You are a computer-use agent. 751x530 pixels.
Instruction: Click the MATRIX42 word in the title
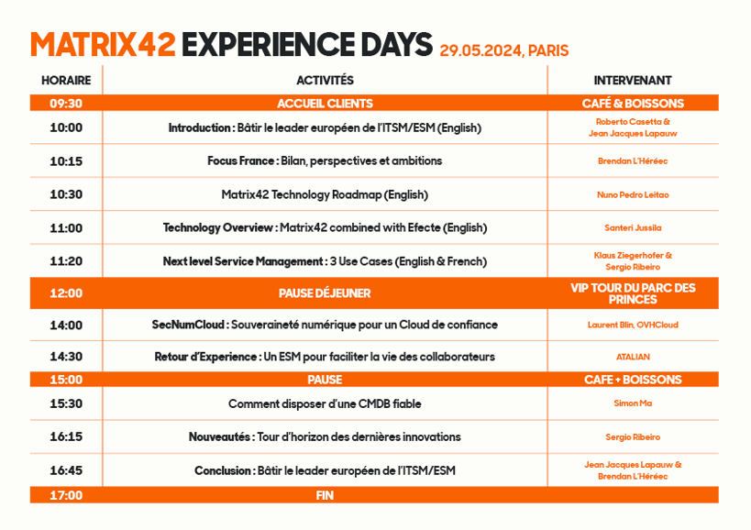click(103, 45)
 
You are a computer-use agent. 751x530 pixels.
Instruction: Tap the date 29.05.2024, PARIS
click(504, 50)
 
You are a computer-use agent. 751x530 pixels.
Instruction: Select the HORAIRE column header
click(66, 81)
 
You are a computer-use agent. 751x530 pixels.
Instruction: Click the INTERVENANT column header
click(633, 81)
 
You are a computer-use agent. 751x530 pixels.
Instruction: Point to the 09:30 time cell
click(66, 104)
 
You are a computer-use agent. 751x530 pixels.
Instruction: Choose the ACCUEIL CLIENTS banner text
click(325, 104)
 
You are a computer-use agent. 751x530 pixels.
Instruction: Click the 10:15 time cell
click(66, 160)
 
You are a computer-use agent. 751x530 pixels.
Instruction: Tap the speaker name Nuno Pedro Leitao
click(633, 194)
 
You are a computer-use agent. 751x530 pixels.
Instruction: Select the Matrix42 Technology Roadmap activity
click(325, 195)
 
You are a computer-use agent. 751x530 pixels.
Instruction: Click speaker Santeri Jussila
click(633, 228)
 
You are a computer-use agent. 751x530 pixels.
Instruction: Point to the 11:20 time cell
click(66, 261)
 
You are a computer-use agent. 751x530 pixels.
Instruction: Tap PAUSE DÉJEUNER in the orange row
click(325, 293)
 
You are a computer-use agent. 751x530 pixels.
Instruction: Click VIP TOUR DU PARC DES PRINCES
click(633, 293)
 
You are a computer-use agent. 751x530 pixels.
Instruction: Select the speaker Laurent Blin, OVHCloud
click(633, 325)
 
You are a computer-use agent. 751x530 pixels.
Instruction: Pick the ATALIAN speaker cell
click(633, 357)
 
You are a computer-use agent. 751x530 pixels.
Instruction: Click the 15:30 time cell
click(66, 403)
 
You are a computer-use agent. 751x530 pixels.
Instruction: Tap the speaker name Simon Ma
click(633, 403)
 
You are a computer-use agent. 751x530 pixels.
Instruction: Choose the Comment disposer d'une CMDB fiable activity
click(325, 404)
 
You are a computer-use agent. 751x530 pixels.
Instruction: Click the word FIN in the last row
click(325, 495)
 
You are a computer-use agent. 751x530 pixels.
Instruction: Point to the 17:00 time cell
click(66, 495)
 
